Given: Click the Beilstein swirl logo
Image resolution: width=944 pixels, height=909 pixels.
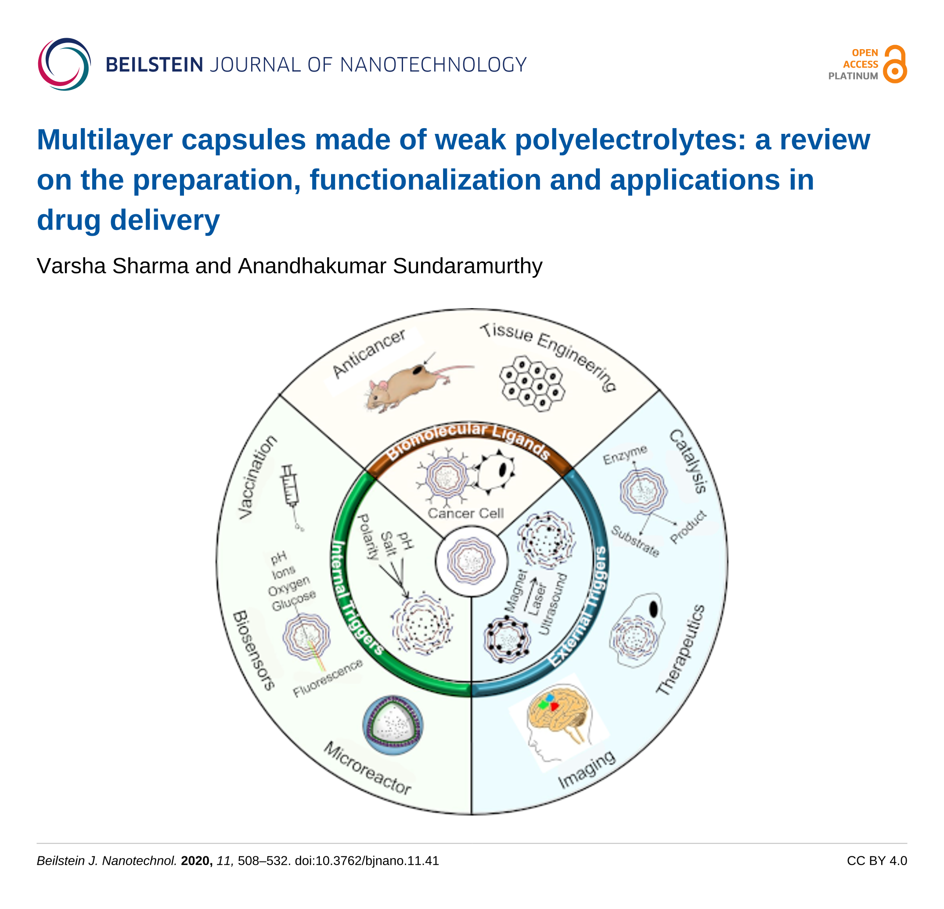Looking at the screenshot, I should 64,64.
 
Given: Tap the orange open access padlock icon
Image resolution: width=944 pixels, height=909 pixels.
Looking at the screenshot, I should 895,65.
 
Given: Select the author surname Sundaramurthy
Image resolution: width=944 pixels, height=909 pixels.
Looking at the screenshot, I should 467,266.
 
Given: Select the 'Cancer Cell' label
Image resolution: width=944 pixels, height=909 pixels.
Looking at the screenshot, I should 466,513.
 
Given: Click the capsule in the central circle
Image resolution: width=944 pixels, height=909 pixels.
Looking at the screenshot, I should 471,560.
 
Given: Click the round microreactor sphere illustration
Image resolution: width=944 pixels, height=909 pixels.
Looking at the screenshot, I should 393,725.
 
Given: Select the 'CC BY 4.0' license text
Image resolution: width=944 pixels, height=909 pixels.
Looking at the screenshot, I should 876,861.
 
